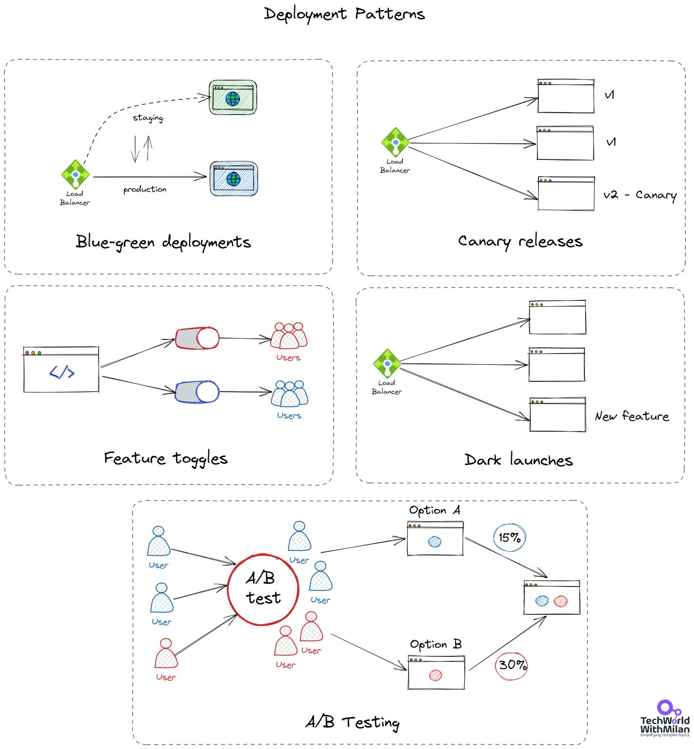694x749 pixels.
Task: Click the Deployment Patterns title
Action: tap(344, 14)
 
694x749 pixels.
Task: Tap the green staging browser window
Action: tap(233, 98)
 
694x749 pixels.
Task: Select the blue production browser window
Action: tap(234, 178)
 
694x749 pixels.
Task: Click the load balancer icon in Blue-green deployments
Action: tap(75, 174)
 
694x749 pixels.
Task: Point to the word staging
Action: tap(148, 118)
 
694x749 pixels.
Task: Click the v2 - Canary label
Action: tap(639, 195)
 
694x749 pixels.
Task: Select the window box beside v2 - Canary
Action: tap(566, 194)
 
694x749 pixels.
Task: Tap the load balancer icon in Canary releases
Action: tap(395, 142)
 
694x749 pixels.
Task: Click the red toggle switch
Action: tap(198, 338)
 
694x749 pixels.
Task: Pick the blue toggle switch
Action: tap(198, 392)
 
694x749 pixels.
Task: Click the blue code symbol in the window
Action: tap(62, 373)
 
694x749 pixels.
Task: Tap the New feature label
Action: tap(632, 416)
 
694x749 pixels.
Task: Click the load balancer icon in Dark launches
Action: tap(387, 363)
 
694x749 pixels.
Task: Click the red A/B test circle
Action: tap(263, 589)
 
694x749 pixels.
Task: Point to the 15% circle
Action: tap(510, 537)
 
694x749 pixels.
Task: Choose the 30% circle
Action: tap(512, 665)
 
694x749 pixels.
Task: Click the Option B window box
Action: tap(436, 672)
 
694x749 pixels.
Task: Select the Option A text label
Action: tap(435, 511)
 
